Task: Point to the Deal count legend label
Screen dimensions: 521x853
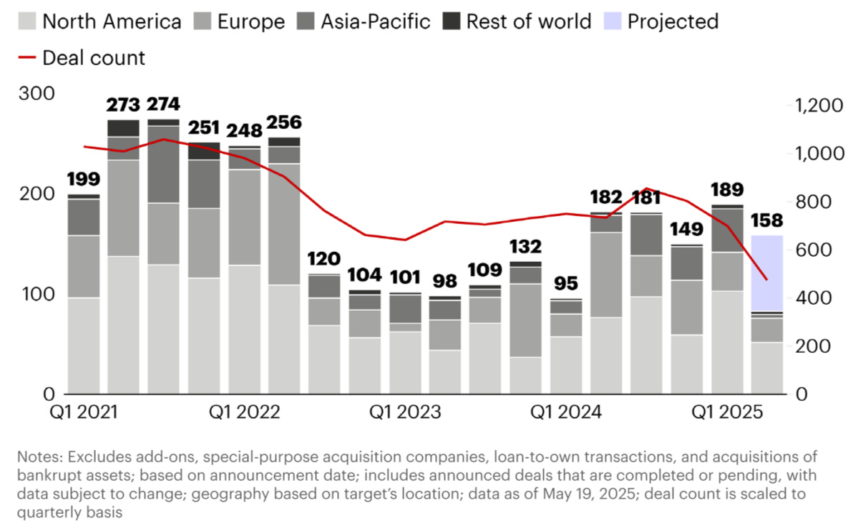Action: [93, 57]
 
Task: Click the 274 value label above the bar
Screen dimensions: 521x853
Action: [163, 104]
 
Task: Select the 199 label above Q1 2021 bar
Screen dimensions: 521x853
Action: [83, 179]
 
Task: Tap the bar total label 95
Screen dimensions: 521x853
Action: [565, 283]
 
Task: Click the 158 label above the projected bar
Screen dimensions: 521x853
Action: [766, 220]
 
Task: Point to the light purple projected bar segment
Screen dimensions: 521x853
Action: [766, 273]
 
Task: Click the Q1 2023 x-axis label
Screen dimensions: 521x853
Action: [404, 413]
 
